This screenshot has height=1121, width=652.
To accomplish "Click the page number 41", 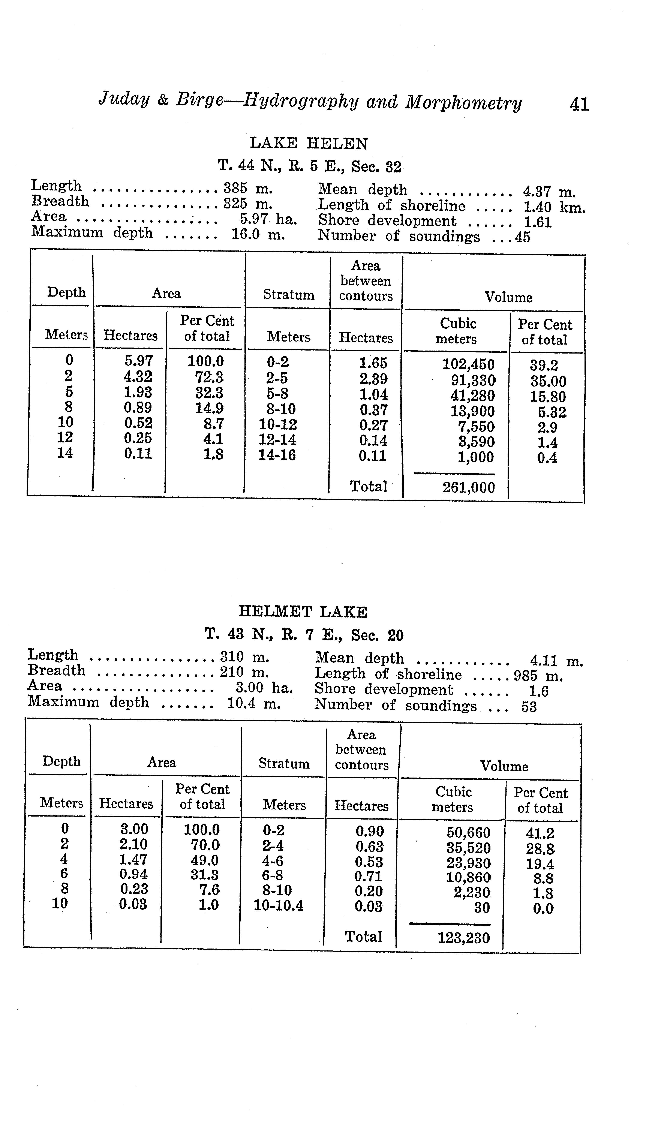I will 579,105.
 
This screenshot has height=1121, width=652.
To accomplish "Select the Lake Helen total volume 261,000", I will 468,488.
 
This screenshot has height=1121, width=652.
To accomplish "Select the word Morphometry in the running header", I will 463,103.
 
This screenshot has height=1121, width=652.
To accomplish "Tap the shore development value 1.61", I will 538,222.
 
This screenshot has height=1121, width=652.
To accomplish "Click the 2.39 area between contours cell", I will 373,379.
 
